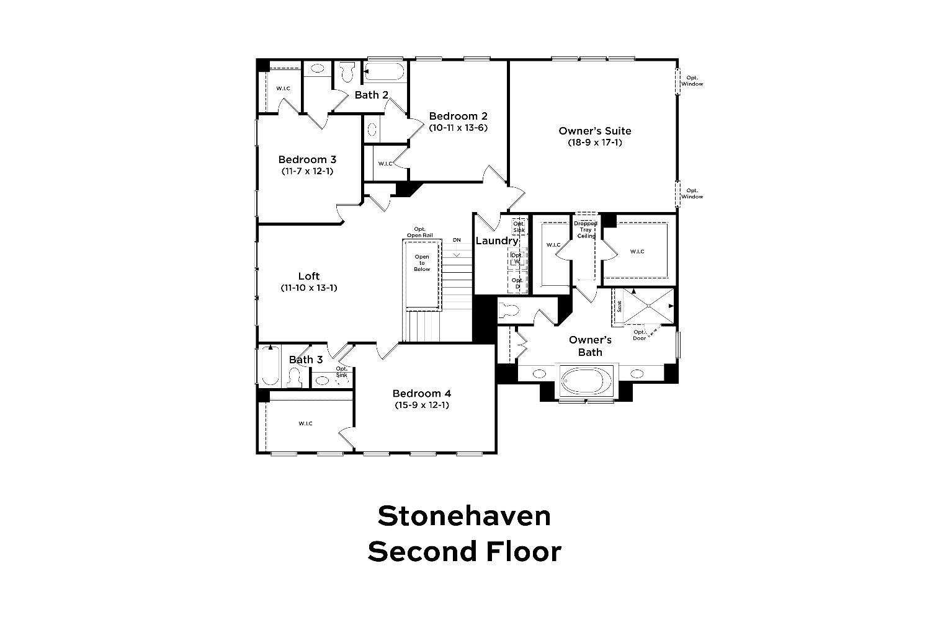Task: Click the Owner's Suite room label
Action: (x=594, y=131)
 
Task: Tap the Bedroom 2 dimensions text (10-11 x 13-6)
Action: (x=458, y=128)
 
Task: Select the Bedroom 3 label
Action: (x=307, y=159)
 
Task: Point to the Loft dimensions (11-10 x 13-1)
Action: (x=309, y=288)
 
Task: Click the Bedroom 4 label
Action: (x=422, y=393)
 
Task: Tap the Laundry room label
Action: (x=496, y=241)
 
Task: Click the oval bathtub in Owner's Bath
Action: (x=586, y=381)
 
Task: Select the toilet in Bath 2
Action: (x=347, y=72)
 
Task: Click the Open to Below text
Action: (x=422, y=263)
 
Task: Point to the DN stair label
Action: (x=457, y=240)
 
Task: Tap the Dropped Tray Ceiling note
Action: (x=586, y=229)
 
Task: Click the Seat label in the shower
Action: (x=619, y=307)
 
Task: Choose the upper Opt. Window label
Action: (x=692, y=81)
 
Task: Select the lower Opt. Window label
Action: (x=692, y=193)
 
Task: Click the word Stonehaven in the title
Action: (x=464, y=516)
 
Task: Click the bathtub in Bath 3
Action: (x=271, y=366)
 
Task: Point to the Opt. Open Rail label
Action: (x=420, y=232)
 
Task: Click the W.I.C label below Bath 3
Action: (x=305, y=423)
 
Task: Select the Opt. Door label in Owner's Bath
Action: (x=640, y=335)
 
